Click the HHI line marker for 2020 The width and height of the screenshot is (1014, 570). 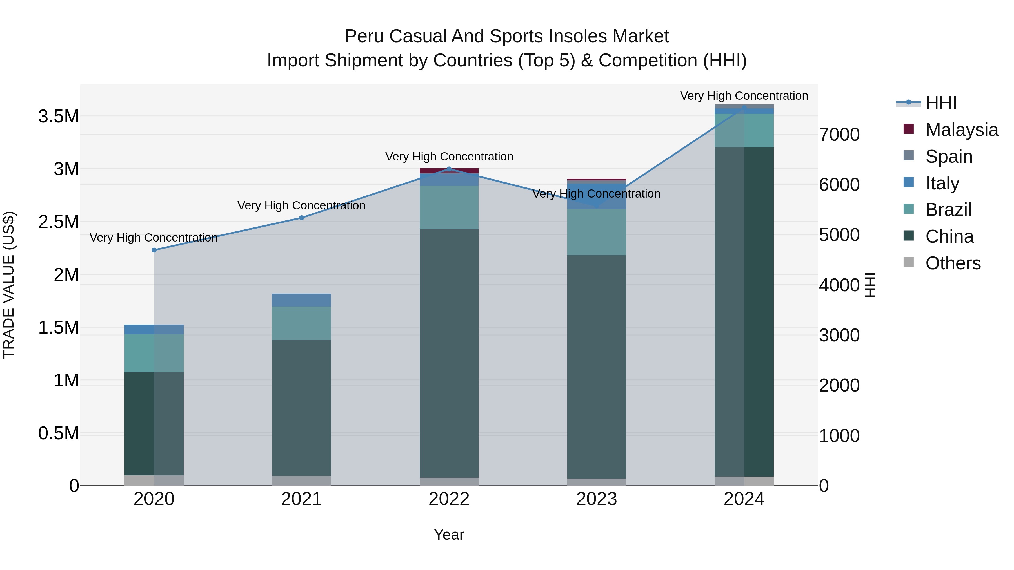pos(154,250)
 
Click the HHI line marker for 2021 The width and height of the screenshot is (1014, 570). pos(301,218)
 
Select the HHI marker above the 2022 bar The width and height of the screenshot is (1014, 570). pos(449,169)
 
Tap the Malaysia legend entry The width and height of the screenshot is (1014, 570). pos(961,129)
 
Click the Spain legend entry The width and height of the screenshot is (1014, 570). pos(949,156)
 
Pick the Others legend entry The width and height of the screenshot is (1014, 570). pos(953,263)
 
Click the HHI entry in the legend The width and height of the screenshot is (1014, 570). pos(941,103)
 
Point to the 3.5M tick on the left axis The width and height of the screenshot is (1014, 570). pos(59,117)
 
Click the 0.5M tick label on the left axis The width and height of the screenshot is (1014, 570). pos(59,433)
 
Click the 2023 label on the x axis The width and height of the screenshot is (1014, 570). pos(596,499)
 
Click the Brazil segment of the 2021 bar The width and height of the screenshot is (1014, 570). pos(301,323)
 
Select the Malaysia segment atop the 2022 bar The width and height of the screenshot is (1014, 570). pos(449,171)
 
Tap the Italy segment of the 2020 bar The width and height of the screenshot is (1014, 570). pos(154,329)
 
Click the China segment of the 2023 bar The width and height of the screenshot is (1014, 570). pos(596,366)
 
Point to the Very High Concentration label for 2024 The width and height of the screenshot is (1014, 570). pos(744,96)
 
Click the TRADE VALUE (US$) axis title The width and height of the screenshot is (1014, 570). pos(9,285)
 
